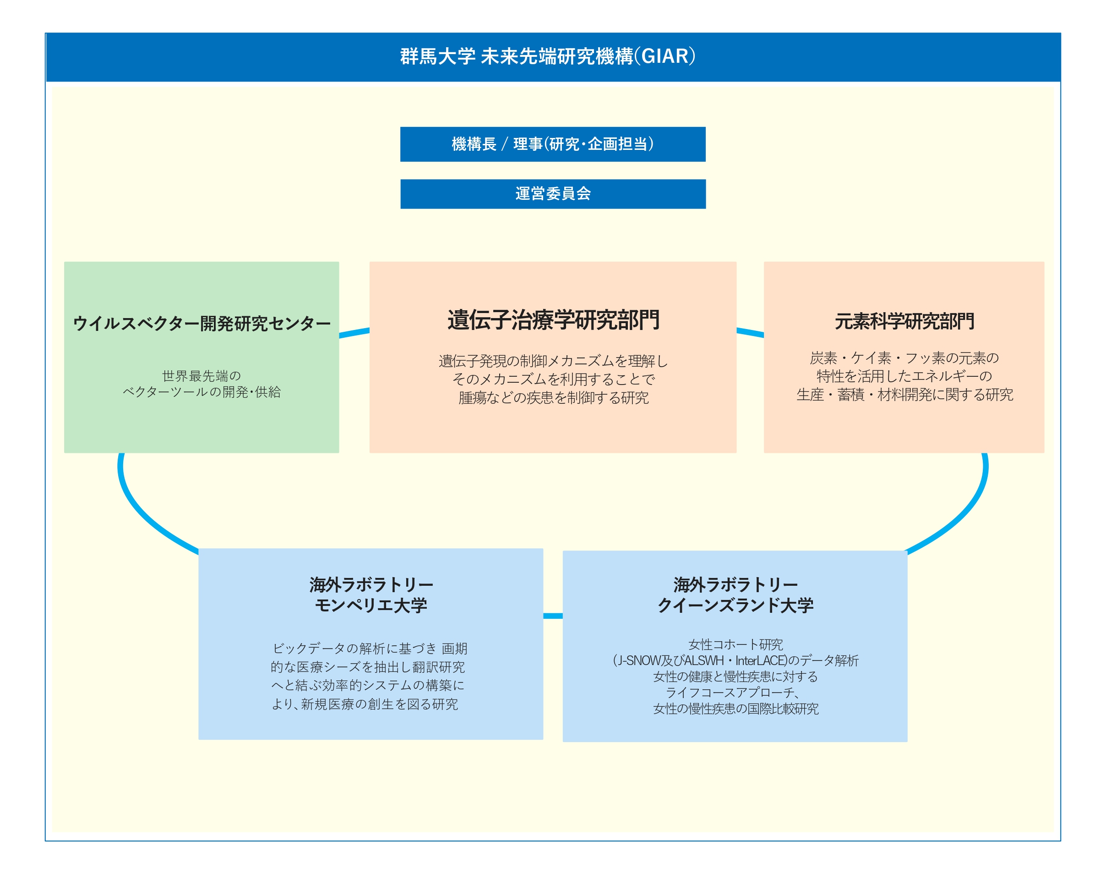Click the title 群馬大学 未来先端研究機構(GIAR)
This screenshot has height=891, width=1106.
(547, 56)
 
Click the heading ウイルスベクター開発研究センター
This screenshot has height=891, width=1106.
(202, 323)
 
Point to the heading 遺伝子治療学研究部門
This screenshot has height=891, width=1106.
(553, 320)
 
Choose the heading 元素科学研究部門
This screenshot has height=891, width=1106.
(904, 321)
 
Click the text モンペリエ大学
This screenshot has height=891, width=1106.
(371, 605)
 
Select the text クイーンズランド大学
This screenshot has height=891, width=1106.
(735, 605)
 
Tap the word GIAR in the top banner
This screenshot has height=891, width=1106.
(665, 56)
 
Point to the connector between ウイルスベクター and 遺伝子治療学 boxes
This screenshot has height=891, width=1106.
(354, 333)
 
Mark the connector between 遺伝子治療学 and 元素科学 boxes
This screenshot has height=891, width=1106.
(750, 333)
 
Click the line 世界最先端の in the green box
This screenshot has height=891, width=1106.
(202, 376)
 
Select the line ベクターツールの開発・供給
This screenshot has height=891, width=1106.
(202, 392)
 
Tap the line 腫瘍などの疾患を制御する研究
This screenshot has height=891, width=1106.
(553, 398)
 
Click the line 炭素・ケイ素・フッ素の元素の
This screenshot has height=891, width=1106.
(904, 358)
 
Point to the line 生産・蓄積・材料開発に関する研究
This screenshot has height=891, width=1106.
(904, 395)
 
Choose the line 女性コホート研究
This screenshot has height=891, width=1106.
(735, 644)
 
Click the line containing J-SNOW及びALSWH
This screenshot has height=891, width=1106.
(735, 660)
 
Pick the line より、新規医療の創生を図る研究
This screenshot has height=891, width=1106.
(365, 704)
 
